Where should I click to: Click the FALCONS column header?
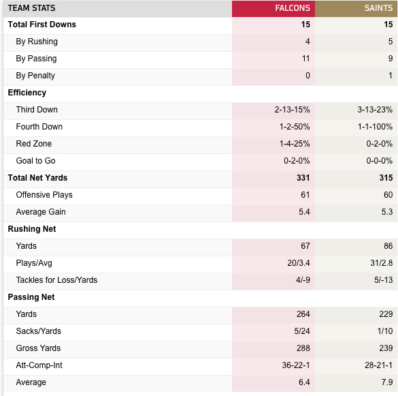[x=293, y=8]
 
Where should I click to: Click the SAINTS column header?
[x=378, y=8]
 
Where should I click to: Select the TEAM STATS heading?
[x=31, y=8]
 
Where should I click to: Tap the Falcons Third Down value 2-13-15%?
[x=292, y=110]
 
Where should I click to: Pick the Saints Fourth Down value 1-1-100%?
[x=375, y=127]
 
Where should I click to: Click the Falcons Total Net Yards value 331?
[x=303, y=178]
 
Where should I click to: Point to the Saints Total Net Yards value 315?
[x=386, y=178]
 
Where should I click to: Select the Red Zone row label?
[x=34, y=144]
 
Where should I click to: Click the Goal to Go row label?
[x=35, y=161]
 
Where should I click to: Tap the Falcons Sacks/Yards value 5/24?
[x=302, y=331]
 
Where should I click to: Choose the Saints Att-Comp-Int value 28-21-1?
[x=379, y=365]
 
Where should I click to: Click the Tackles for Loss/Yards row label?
[x=56, y=280]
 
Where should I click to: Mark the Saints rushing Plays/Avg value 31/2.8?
[x=382, y=263]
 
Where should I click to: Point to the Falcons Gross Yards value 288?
[x=303, y=348]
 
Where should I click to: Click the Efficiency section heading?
[x=27, y=93]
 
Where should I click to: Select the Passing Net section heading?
[x=31, y=297]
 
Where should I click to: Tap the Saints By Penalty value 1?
[x=391, y=76]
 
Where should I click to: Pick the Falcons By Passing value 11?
[x=306, y=59]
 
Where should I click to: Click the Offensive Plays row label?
[x=44, y=195]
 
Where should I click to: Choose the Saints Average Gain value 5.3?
[x=387, y=212]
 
